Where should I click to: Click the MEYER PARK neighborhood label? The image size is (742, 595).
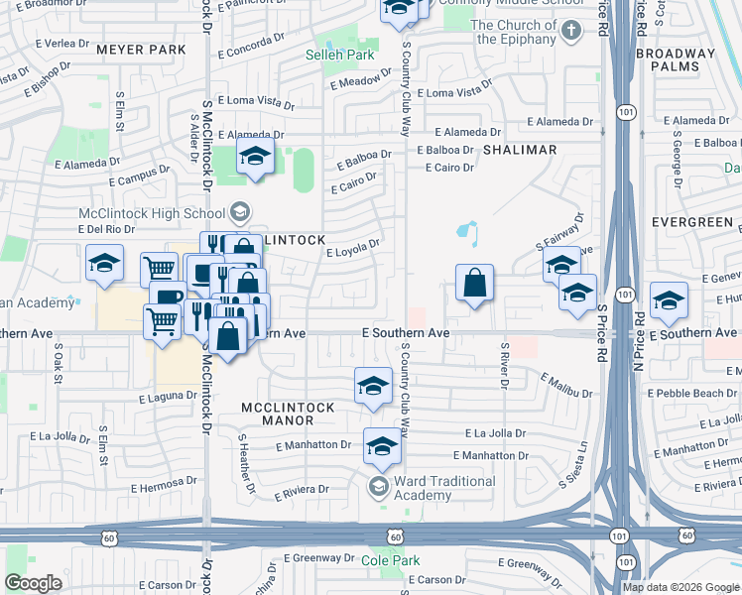[140, 49]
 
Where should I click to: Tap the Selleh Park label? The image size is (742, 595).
[334, 56]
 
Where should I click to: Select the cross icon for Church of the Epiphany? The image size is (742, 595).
[569, 31]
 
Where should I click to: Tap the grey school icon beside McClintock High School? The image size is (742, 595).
[239, 211]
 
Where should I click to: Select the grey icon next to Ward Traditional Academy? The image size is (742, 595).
[378, 486]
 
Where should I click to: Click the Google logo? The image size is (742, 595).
[33, 582]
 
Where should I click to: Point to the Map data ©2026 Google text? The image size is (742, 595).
[680, 587]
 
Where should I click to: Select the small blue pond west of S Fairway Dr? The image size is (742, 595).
[465, 233]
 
